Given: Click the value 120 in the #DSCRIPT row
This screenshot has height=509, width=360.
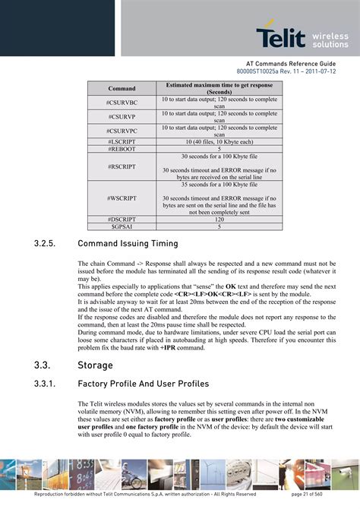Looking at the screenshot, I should [x=219, y=219].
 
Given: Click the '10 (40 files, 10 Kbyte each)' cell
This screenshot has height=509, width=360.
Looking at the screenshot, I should [x=219, y=142].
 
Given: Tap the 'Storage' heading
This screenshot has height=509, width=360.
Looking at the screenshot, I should [x=96, y=365].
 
